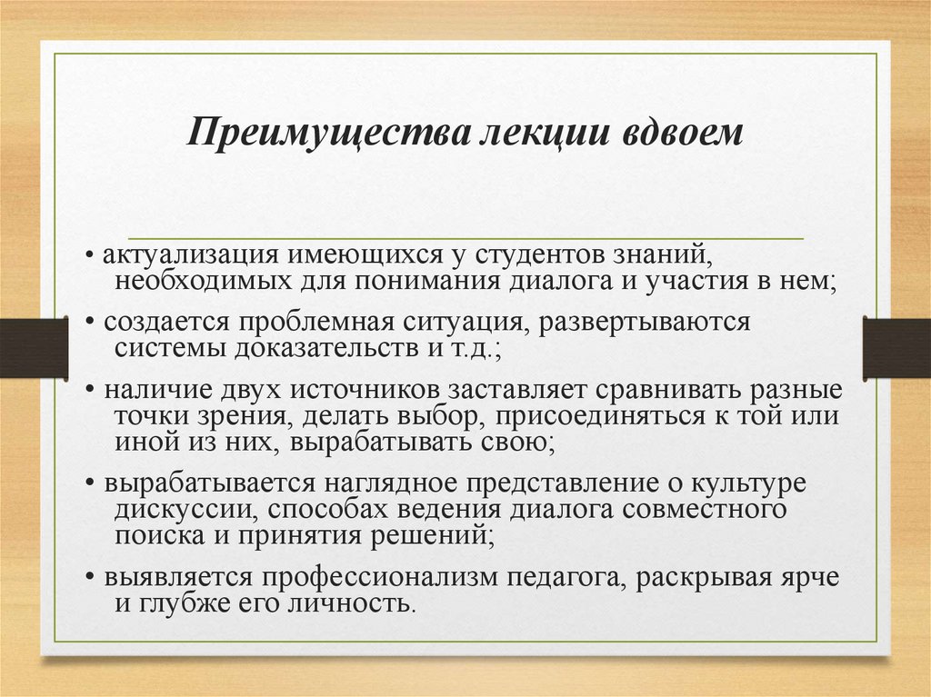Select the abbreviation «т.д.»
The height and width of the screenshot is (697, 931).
tap(458, 348)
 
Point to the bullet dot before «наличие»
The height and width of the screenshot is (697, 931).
tap(92, 392)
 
